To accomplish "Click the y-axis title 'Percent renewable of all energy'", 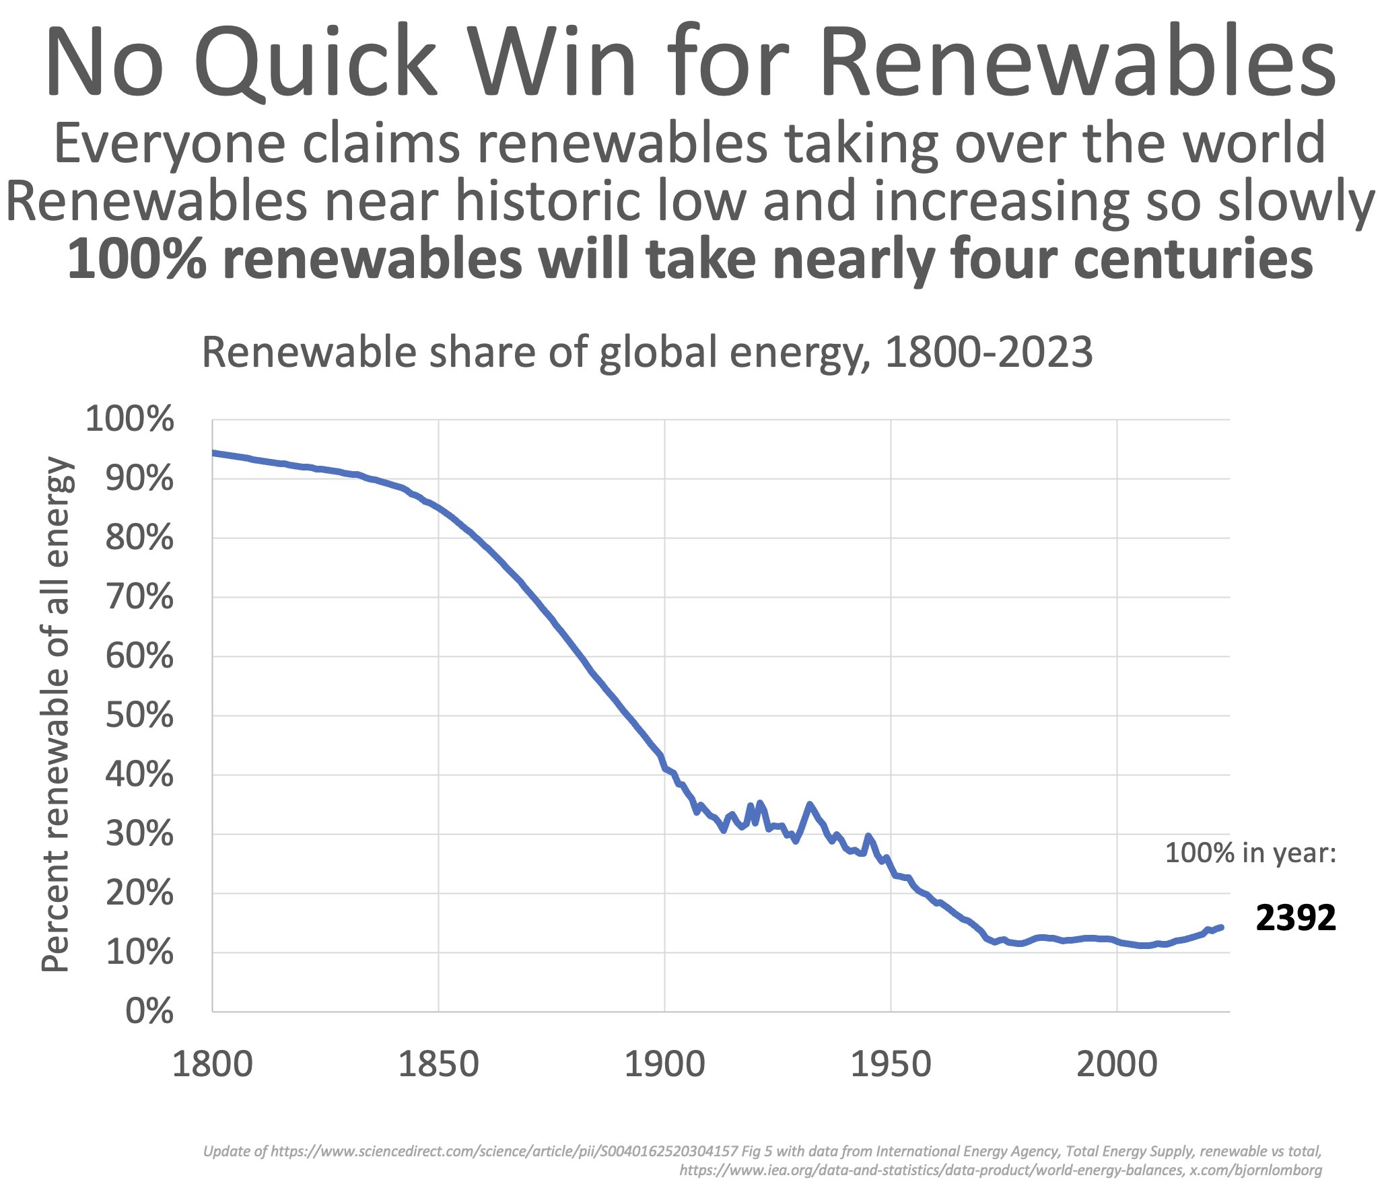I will coord(55,714).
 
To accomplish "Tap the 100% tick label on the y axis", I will coord(130,419).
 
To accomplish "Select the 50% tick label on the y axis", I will coord(139,715).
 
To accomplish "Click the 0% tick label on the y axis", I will coord(149,1012).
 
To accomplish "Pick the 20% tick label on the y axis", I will coord(139,893).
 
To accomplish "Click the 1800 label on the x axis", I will coord(212,1065).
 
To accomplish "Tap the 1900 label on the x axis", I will coord(664,1065).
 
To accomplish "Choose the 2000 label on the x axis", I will coord(1117,1065).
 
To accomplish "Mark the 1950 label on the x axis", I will coord(891,1065).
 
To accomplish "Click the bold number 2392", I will coord(1295,918).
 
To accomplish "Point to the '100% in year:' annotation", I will coord(1250,853).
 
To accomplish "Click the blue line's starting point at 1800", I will coord(213,453).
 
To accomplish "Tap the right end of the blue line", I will coord(1221,927).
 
